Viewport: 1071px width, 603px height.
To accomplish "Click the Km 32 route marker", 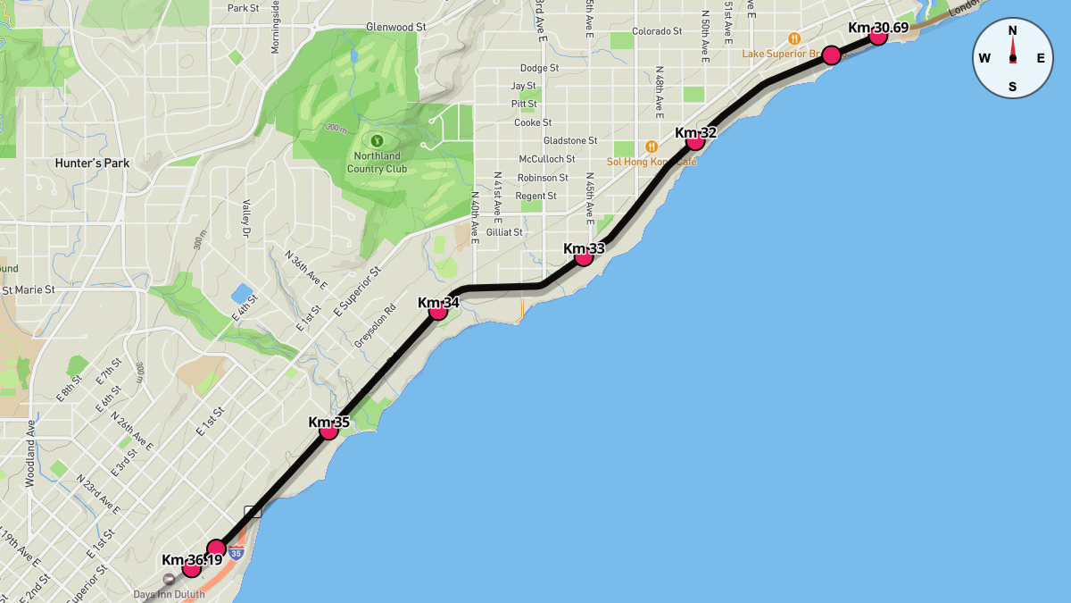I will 695,141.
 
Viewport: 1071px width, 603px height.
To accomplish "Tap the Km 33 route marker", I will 584,257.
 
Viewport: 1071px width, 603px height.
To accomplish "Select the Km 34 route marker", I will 438,311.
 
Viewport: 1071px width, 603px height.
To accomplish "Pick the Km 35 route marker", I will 328,431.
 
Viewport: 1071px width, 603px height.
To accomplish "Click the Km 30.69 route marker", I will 877,36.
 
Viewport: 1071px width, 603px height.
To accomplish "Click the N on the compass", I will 1012,30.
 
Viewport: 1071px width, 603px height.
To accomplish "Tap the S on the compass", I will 1012,87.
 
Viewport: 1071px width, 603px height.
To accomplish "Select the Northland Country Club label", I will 376,163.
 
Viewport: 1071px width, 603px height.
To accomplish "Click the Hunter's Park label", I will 92,163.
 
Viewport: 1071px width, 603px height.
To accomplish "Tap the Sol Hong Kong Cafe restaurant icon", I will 652,147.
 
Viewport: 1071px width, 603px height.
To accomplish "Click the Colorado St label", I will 656,31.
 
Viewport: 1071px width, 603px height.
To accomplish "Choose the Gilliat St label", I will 504,232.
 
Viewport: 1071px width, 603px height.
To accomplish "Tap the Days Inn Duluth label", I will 169,594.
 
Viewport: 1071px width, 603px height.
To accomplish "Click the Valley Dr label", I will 245,219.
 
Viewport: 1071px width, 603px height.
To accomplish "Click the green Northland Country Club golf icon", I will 376,140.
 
